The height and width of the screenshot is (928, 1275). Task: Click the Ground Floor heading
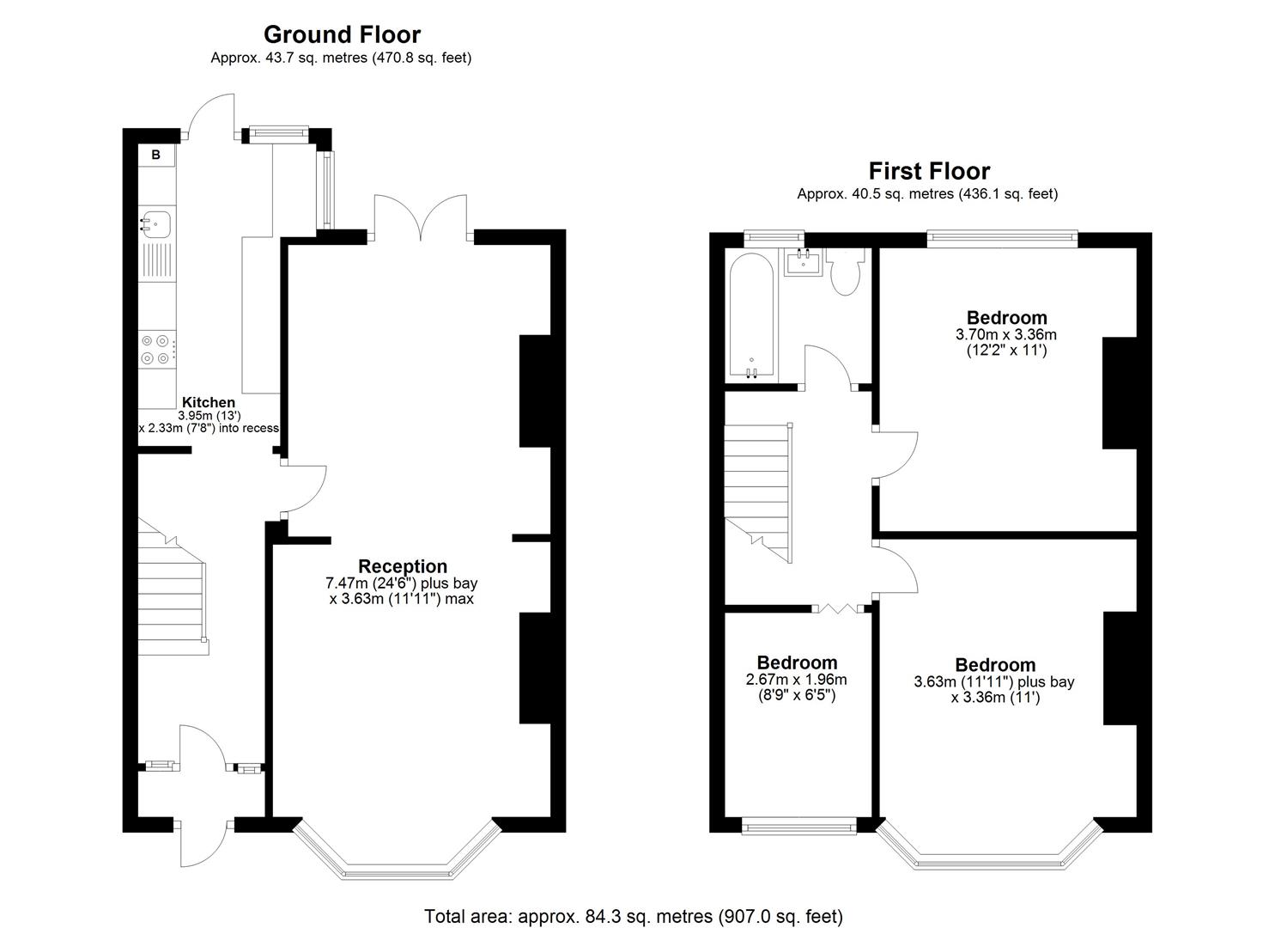(342, 34)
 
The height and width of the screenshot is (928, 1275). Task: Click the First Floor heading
(929, 171)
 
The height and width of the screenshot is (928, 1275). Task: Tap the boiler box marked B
(156, 156)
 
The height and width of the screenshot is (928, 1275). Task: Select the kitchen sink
(156, 223)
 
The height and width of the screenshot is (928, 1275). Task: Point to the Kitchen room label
(209, 402)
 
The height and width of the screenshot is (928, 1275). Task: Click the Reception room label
(403, 566)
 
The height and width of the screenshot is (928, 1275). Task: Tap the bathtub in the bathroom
(751, 315)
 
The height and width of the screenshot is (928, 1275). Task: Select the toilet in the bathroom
(845, 273)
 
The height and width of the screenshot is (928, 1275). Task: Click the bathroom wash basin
(804, 261)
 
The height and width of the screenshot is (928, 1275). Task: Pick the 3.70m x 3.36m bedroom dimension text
(1006, 335)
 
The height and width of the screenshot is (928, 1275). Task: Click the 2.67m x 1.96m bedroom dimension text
(797, 680)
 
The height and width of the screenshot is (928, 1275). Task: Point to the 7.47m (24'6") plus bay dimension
(402, 583)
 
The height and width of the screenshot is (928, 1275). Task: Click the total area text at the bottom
(634, 916)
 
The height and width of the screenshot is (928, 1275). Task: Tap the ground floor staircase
(172, 593)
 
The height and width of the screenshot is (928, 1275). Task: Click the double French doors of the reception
(421, 219)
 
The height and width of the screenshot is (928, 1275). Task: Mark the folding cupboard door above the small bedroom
(837, 608)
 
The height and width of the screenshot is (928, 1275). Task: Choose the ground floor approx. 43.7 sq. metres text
(341, 58)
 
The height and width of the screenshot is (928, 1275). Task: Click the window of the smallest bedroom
(798, 827)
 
